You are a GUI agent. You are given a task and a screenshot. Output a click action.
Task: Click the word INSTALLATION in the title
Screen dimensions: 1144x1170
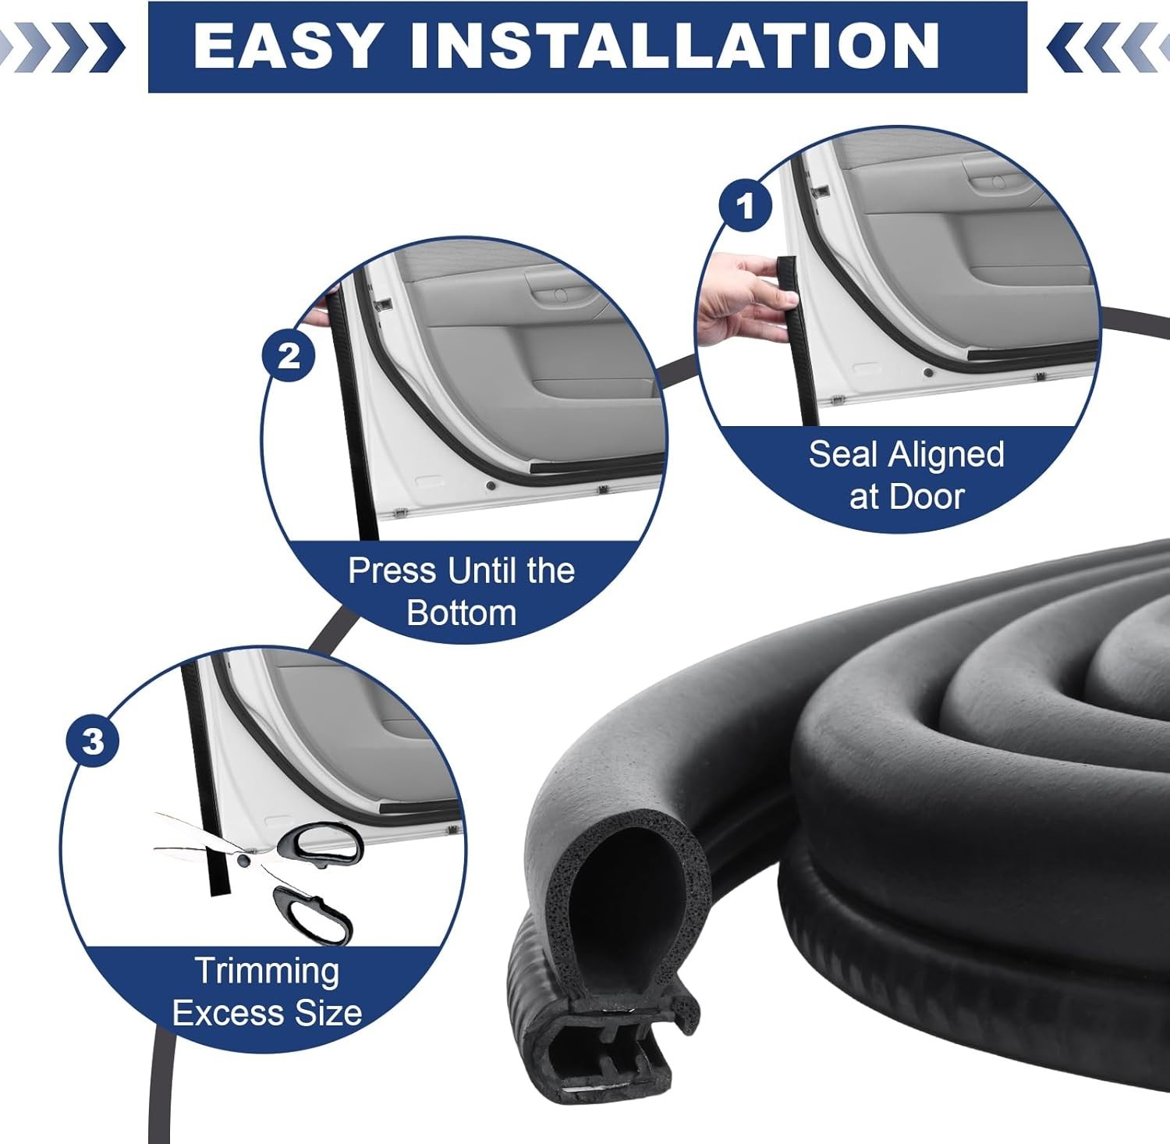[x=675, y=45]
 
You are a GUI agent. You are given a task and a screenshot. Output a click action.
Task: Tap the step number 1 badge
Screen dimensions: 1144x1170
[x=746, y=206]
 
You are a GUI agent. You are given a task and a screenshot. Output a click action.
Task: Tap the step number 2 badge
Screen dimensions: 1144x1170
[x=289, y=356]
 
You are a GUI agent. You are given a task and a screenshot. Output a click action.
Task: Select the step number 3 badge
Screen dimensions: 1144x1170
[x=93, y=740]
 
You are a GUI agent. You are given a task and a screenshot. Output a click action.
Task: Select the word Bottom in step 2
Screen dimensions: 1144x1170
[x=462, y=613]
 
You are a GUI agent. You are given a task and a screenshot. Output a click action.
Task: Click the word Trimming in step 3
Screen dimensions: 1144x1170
[x=267, y=972]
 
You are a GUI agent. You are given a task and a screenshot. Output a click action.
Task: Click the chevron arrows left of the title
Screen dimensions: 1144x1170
[x=62, y=47]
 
